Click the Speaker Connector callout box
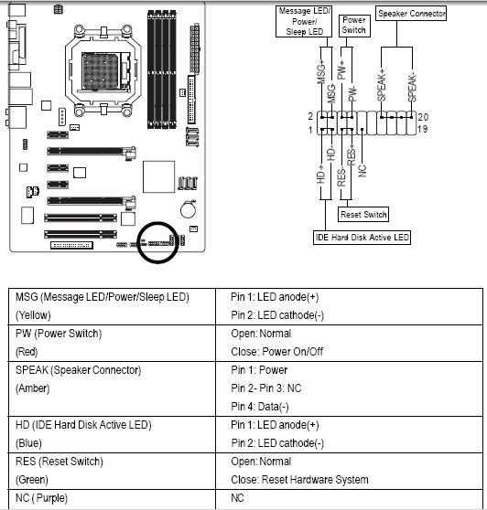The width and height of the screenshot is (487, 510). (411, 14)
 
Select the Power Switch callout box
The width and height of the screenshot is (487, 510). (354, 26)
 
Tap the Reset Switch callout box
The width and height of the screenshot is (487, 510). (363, 215)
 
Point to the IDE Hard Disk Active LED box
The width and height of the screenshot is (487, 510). (362, 238)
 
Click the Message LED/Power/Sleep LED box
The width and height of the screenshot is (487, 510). (304, 21)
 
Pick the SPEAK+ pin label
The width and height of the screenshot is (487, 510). (381, 85)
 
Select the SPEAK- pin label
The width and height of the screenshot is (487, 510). (412, 88)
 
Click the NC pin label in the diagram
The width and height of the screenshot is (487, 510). (363, 170)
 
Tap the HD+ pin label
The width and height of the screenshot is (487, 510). (321, 174)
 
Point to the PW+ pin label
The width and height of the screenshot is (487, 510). (341, 69)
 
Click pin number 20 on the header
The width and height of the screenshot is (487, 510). (423, 117)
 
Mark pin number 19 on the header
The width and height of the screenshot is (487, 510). (422, 129)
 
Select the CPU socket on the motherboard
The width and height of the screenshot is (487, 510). (103, 71)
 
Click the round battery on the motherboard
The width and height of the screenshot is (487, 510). (189, 210)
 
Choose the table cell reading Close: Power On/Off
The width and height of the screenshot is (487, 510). (276, 352)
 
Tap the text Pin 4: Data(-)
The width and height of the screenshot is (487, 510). (260, 407)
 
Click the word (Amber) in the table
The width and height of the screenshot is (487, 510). (33, 388)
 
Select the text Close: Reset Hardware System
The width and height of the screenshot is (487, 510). (299, 480)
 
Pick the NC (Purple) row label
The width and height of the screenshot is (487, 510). (41, 498)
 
